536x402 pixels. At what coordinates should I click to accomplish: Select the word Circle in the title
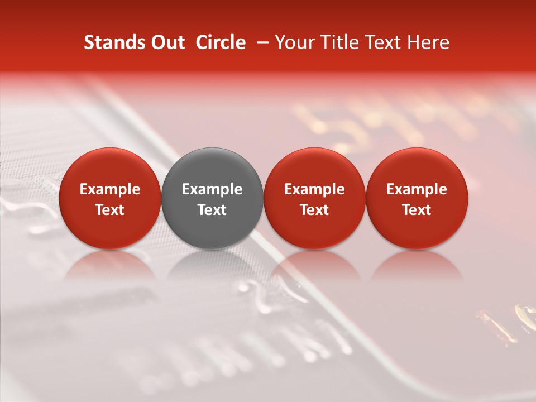click(x=221, y=42)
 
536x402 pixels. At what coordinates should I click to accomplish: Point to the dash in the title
click(x=261, y=42)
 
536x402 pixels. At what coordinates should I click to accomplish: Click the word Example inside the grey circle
click(x=212, y=189)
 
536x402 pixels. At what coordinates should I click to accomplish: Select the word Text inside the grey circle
click(x=212, y=210)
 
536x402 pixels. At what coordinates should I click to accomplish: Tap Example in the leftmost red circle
click(x=110, y=189)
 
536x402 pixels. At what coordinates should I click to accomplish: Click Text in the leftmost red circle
click(x=110, y=210)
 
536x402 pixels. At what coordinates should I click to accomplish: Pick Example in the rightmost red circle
click(x=417, y=189)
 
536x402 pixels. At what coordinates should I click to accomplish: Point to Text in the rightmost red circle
click(x=417, y=210)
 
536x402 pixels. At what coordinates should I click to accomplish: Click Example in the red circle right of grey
click(x=314, y=189)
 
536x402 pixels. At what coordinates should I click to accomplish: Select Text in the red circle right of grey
click(x=314, y=210)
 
